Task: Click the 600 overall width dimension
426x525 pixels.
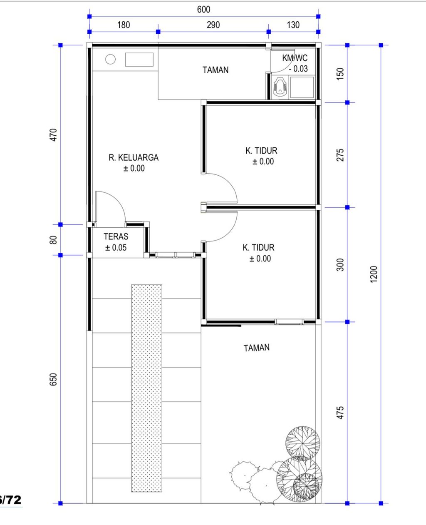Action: pos(203,9)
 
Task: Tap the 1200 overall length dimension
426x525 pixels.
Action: pos(374,274)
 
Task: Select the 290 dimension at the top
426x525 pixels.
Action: pos(213,25)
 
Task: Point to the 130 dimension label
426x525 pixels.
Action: pos(293,25)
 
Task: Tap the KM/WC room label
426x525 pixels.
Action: pos(295,58)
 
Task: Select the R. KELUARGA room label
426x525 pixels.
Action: pos(134,158)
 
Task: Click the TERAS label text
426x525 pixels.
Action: pos(116,236)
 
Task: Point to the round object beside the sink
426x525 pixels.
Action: pos(110,60)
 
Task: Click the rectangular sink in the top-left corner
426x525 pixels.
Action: pos(139,60)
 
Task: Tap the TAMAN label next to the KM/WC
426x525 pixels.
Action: pos(215,70)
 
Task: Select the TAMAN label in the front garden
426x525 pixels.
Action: pos(256,348)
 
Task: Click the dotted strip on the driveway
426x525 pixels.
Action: pos(146,387)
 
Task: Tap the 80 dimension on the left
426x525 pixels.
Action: pos(53,240)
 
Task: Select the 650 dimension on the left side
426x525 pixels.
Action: pos(53,379)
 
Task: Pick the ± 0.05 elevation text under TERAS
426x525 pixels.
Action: pos(116,248)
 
